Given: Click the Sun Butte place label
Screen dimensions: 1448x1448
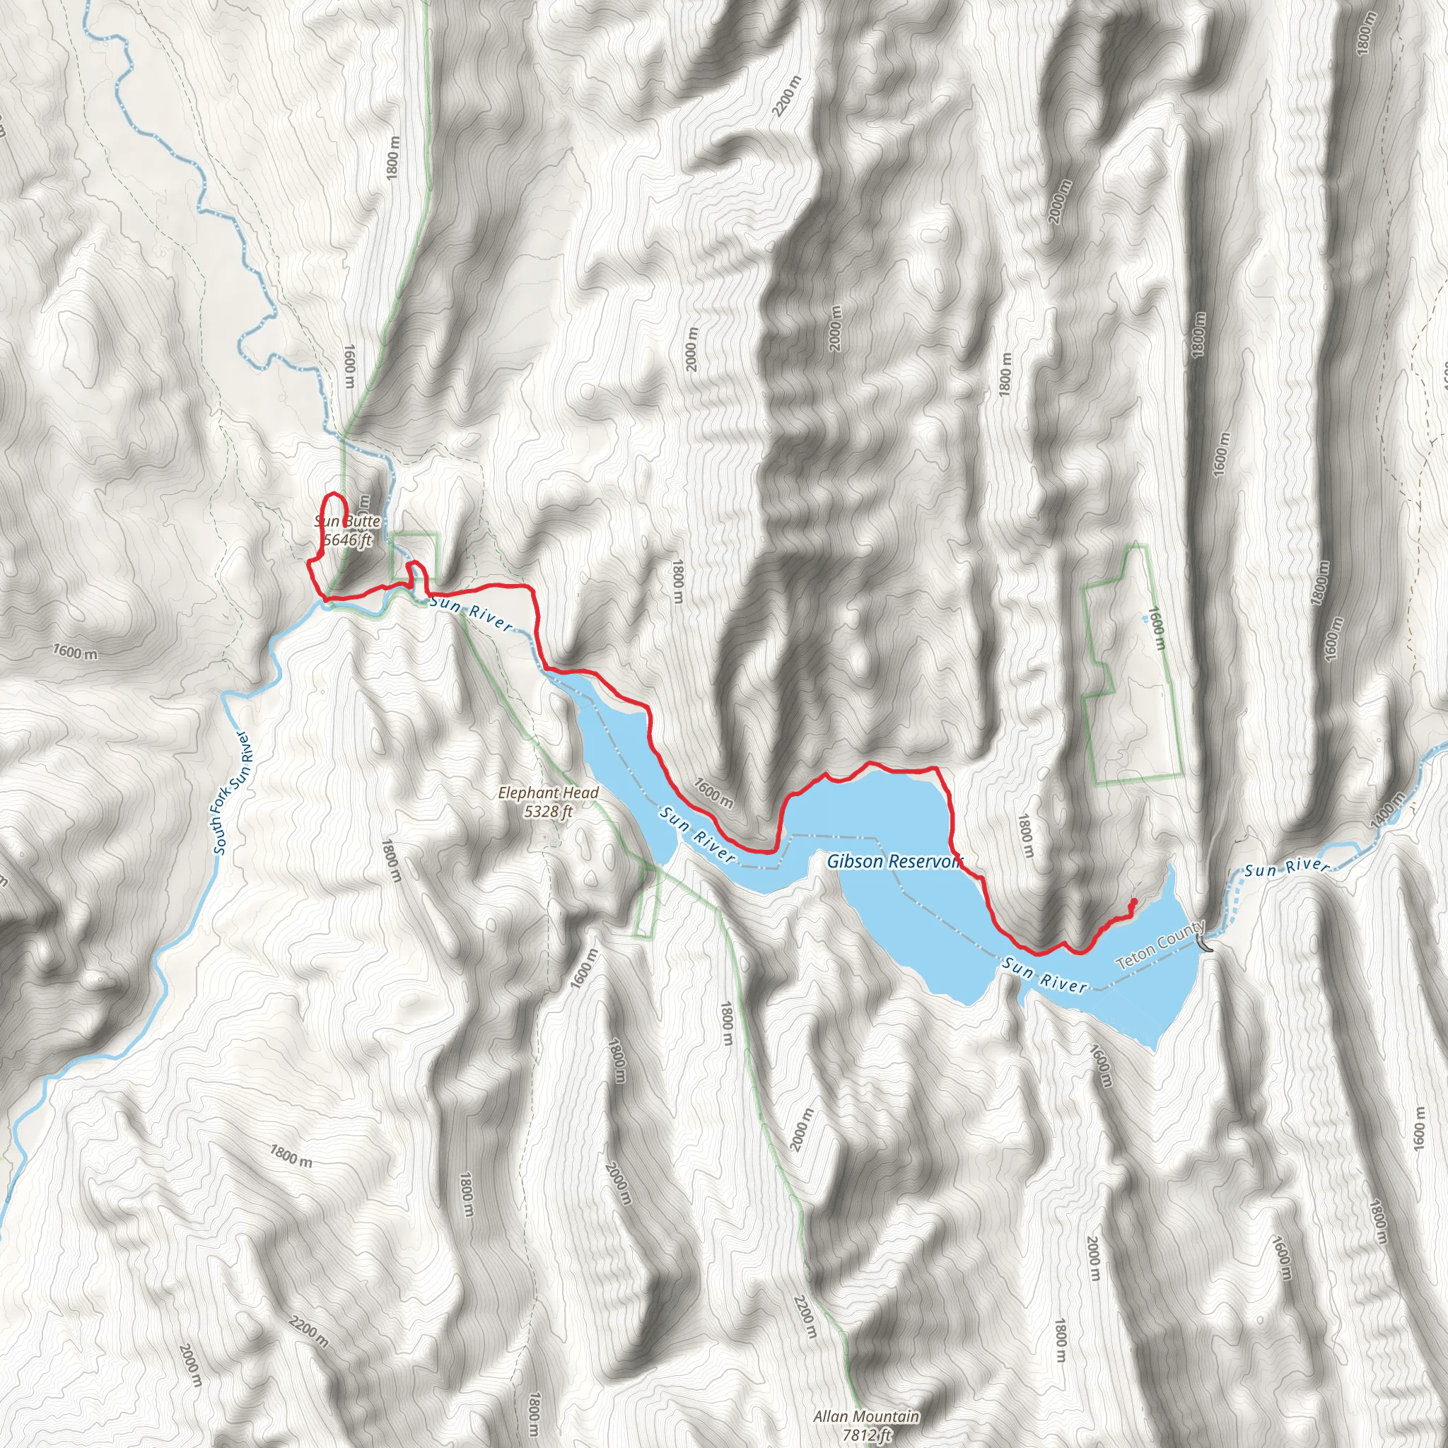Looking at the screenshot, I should (347, 522).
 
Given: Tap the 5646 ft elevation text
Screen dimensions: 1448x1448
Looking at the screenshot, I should (347, 539).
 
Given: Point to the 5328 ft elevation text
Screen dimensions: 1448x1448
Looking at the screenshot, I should (549, 811).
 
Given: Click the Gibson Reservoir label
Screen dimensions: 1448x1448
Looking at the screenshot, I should (894, 862).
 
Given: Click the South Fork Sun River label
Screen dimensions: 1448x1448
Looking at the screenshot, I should (233, 793).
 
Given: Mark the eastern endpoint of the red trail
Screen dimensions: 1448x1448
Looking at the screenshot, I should (1135, 901).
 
